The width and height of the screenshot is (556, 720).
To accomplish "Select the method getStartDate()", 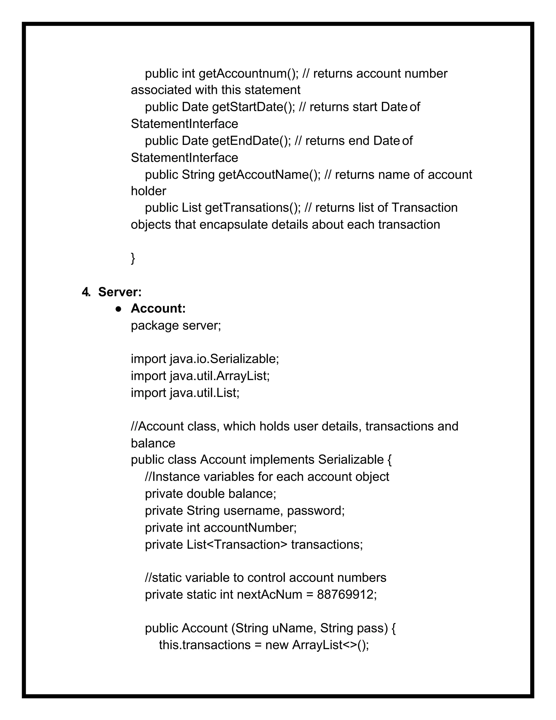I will click(x=253, y=107).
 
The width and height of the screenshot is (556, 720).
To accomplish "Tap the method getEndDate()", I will click(x=251, y=141).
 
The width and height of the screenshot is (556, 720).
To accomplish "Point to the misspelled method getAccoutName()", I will click(x=269, y=175).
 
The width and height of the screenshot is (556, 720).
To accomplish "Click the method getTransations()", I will click(x=253, y=208).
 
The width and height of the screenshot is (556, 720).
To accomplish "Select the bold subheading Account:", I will click(x=158, y=309).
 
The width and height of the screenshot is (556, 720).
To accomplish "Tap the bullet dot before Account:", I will click(x=119, y=309).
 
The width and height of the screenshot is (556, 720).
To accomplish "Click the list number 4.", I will click(x=86, y=292).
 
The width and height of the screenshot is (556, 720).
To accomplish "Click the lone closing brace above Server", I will click(x=133, y=258).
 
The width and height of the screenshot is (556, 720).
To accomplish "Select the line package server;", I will click(x=176, y=326).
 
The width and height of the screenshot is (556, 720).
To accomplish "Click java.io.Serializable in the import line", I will click(x=224, y=359).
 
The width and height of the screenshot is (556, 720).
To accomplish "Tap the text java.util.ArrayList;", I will click(x=220, y=376).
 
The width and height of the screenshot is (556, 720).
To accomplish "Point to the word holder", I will click(x=148, y=191).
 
